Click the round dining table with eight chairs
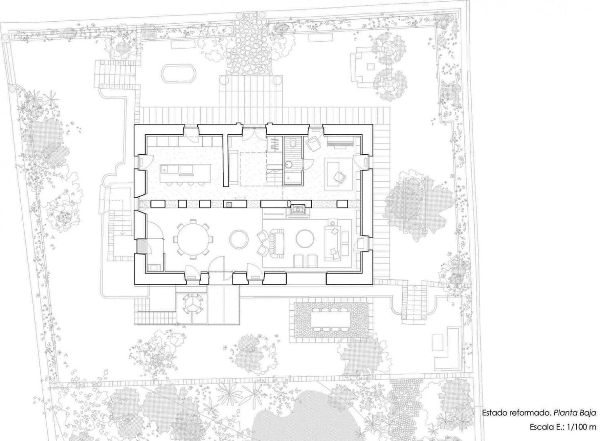(193, 239)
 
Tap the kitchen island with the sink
(185, 173)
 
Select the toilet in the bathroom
(293, 143)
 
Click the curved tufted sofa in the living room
(278, 243)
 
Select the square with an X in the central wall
(229, 204)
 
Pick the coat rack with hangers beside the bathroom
(274, 145)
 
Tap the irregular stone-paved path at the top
(250, 45)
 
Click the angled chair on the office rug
(340, 177)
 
